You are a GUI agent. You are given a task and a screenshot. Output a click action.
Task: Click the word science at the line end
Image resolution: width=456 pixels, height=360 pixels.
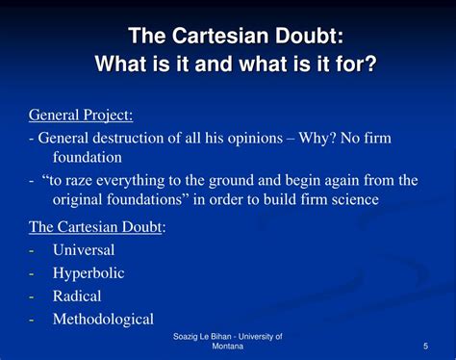[x=354, y=199]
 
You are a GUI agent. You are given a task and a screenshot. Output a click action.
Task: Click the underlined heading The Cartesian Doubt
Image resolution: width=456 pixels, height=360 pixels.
[x=95, y=226]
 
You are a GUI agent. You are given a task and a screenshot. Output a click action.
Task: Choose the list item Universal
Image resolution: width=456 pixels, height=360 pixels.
[x=84, y=249]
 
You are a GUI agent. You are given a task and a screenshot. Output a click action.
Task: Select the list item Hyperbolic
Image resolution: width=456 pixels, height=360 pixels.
[x=89, y=272]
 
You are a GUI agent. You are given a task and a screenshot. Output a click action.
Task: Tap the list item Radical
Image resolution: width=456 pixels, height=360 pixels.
[x=77, y=296]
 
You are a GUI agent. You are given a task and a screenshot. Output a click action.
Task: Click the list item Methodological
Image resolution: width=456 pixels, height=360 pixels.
[x=102, y=319]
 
